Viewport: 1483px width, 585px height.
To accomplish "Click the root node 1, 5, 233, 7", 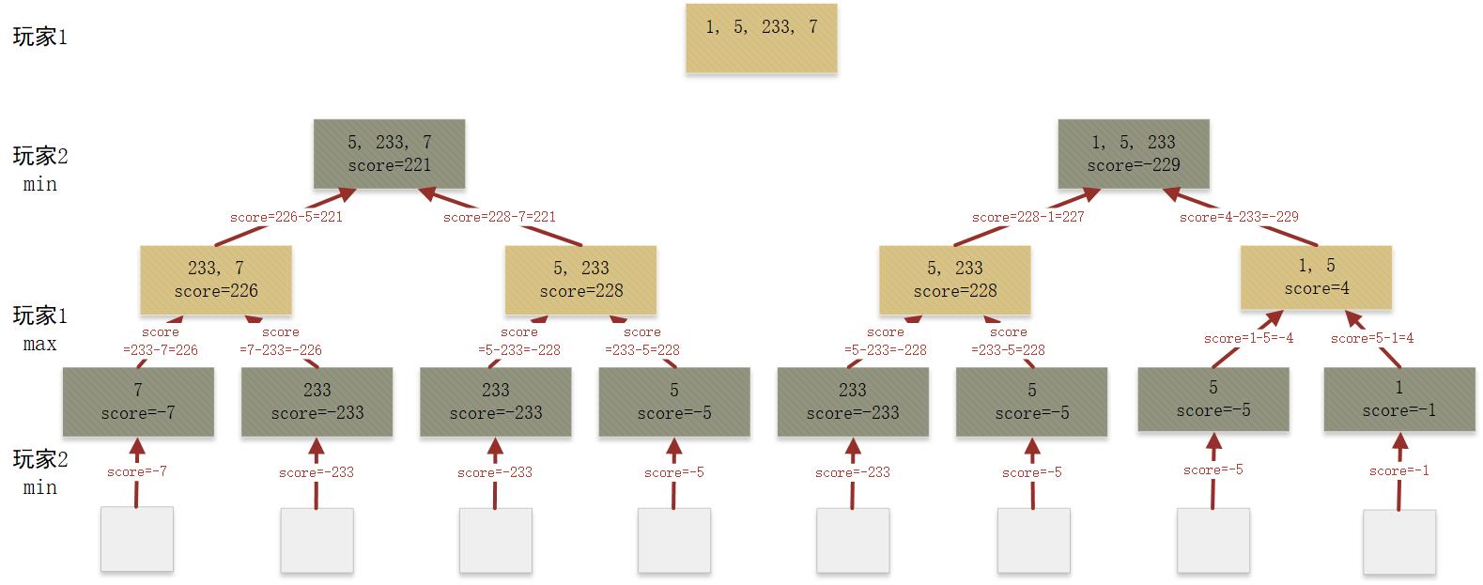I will pyautogui.click(x=761, y=38).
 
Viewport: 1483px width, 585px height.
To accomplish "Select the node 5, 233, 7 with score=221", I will pyautogui.click(x=389, y=154).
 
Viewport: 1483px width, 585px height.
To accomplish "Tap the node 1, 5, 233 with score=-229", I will pyautogui.click(x=1134, y=154).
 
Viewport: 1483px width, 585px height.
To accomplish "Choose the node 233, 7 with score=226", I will pyautogui.click(x=216, y=280).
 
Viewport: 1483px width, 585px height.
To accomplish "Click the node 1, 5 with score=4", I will pyautogui.click(x=1316, y=278).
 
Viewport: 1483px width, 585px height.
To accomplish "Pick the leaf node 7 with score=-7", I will pyautogui.click(x=138, y=402).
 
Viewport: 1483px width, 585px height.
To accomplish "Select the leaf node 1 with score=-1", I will pyautogui.click(x=1398, y=399).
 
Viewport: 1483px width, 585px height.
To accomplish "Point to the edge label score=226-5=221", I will pyautogui.click(x=286, y=217).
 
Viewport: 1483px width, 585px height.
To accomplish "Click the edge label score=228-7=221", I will pyautogui.click(x=500, y=217).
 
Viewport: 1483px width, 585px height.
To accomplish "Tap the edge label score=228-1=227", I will pyautogui.click(x=1028, y=217).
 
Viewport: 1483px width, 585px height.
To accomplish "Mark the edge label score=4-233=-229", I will pyautogui.click(x=1239, y=217).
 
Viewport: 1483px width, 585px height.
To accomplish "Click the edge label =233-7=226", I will pyautogui.click(x=161, y=349).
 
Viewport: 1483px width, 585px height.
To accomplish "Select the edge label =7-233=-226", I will pyautogui.click(x=280, y=349).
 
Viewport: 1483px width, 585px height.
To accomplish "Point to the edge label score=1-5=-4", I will pyautogui.click(x=1248, y=338).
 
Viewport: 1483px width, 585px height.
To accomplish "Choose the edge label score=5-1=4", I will pyautogui.click(x=1371, y=338).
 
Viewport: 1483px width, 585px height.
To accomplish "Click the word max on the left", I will pyautogui.click(x=39, y=344).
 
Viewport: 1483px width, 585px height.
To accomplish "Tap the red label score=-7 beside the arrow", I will pyautogui.click(x=137, y=471).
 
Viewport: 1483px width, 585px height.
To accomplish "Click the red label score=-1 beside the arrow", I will pyautogui.click(x=1398, y=470).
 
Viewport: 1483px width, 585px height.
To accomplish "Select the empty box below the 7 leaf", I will pyautogui.click(x=137, y=539).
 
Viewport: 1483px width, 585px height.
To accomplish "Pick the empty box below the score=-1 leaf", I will pyautogui.click(x=1398, y=542).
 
